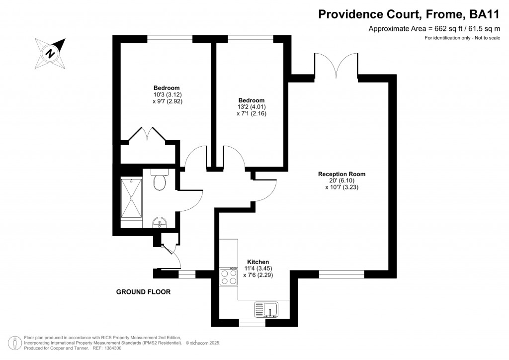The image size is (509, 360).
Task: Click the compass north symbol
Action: pos(50,52)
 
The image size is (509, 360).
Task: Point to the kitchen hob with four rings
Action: pos(228,276)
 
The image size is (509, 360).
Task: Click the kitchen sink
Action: pos(266,309)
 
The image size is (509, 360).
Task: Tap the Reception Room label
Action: pos(341,174)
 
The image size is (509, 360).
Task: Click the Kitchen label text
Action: pos(258,262)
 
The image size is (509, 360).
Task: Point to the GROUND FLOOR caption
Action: pos(143,292)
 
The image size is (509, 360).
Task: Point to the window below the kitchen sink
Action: pos(252,323)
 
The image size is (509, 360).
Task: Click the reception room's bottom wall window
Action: pos(341,274)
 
